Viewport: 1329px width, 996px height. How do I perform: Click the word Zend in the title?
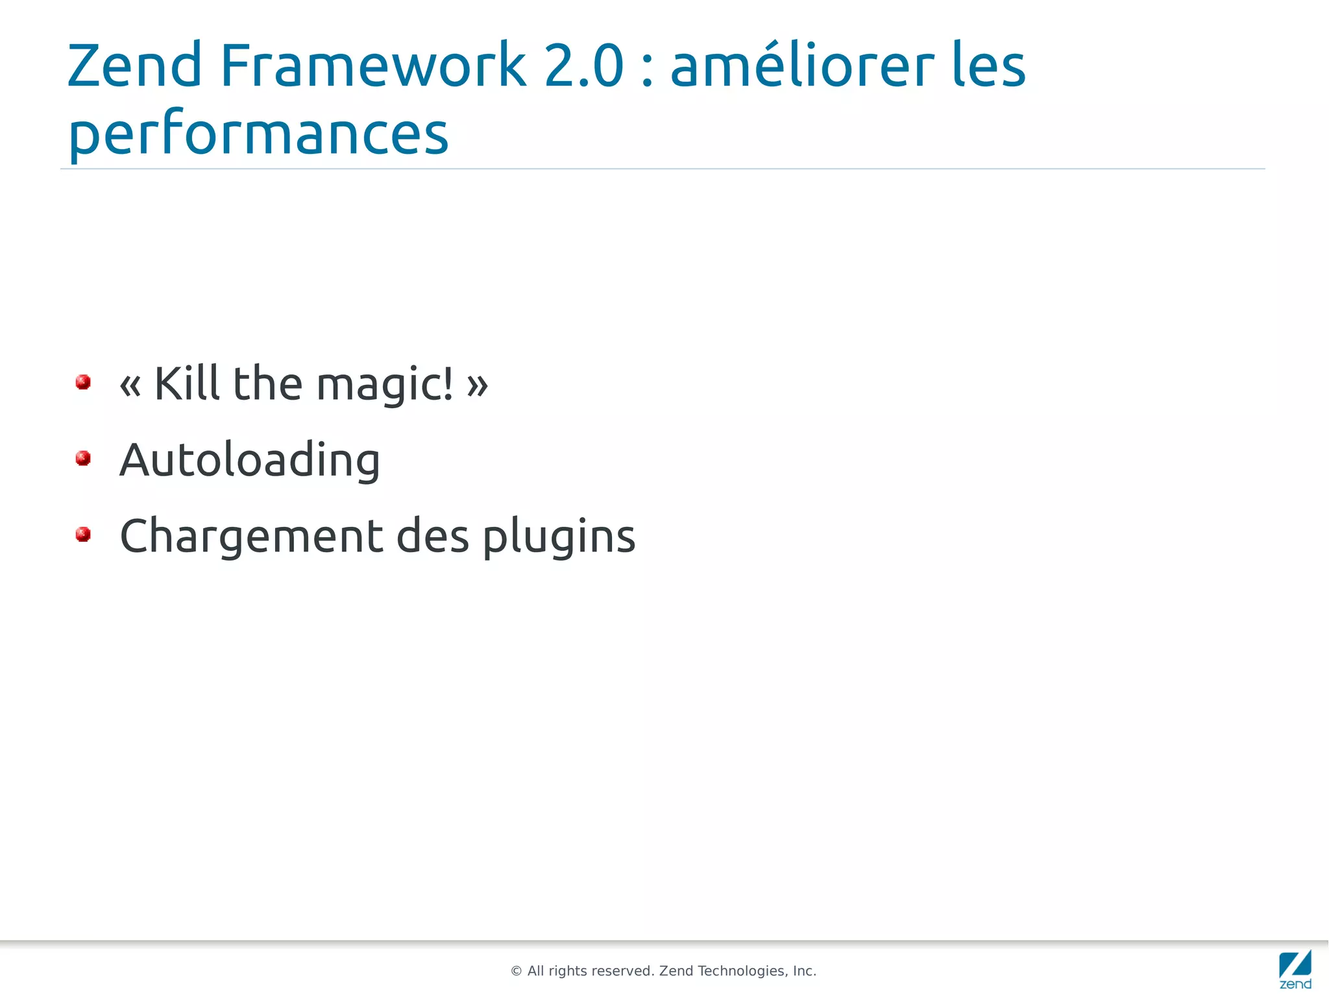(x=135, y=65)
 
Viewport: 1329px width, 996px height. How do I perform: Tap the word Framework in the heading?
(x=373, y=65)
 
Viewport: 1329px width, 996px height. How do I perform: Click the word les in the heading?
(x=988, y=65)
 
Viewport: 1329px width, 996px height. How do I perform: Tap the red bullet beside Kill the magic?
(x=83, y=382)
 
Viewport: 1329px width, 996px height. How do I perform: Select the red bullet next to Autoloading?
(x=83, y=459)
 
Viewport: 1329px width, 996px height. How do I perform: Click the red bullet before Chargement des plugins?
(x=83, y=535)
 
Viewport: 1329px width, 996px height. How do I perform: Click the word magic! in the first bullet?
(x=385, y=384)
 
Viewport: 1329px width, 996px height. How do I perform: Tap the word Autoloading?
(x=250, y=460)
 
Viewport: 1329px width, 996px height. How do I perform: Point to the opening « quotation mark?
(x=130, y=385)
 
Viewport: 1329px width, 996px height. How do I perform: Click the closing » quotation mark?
(x=477, y=385)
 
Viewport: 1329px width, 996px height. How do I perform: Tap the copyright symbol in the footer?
(x=517, y=971)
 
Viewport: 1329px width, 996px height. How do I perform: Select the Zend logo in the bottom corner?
(x=1295, y=969)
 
